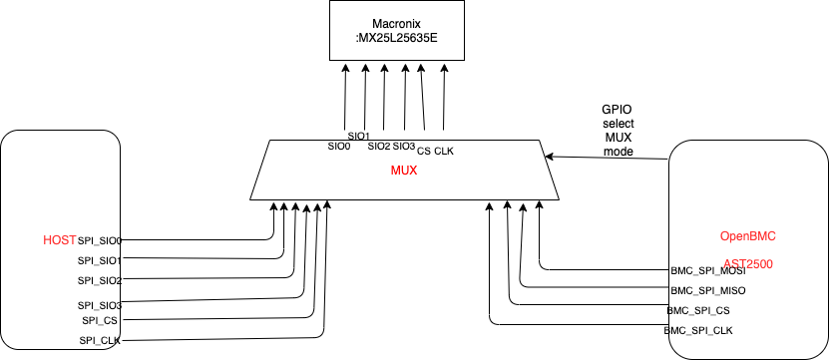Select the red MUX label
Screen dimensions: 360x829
click(x=403, y=172)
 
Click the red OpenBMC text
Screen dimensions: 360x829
click(x=747, y=236)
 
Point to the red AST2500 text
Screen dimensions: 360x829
click(x=747, y=264)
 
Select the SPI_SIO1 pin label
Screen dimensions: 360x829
click(x=100, y=260)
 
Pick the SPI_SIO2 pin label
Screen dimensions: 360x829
click(x=100, y=280)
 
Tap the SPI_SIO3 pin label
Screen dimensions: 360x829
click(x=100, y=305)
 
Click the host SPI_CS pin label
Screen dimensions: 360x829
click(x=102, y=320)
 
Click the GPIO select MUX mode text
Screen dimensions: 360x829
click(x=618, y=130)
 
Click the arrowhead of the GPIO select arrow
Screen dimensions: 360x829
click(x=549, y=156)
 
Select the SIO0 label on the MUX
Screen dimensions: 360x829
click(x=339, y=146)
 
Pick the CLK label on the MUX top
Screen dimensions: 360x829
click(x=444, y=151)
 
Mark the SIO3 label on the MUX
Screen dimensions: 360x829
click(x=403, y=146)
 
